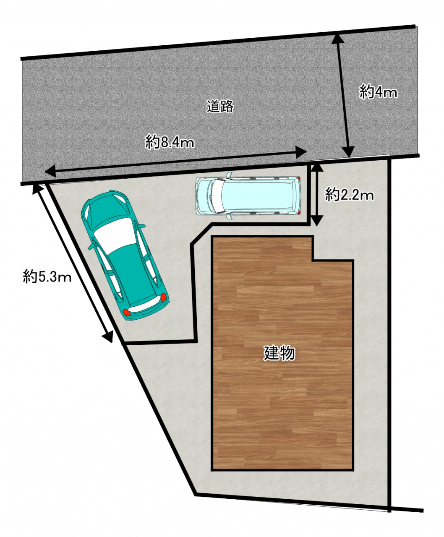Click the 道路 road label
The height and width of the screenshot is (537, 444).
220,106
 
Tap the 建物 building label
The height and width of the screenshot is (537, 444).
279,353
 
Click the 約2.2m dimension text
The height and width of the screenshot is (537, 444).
349,195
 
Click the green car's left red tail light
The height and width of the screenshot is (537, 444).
127,312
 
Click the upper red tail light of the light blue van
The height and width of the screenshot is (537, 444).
298,178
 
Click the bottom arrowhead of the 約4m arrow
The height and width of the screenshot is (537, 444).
349,151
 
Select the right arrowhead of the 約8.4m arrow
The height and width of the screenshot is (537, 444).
301,152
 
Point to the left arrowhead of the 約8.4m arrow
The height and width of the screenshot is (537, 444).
50,171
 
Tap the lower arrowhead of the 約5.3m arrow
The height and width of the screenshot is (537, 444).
108,336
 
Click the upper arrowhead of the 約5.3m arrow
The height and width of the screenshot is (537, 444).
37,189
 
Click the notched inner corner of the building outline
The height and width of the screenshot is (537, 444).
313,261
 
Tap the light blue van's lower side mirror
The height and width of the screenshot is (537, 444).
229,217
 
